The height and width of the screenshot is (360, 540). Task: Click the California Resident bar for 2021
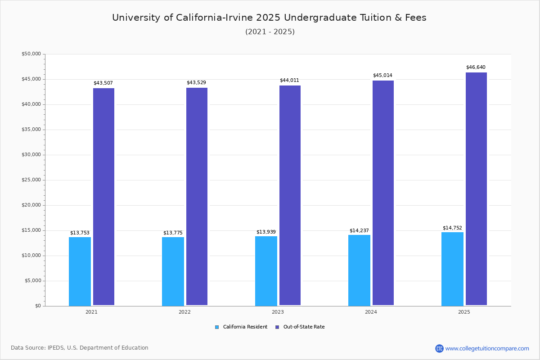[x=80, y=271]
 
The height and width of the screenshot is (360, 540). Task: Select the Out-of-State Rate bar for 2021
[x=103, y=197]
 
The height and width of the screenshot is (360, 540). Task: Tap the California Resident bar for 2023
[x=266, y=271]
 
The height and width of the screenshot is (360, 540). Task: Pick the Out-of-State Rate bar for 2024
[x=383, y=193]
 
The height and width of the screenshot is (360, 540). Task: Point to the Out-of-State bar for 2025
[x=476, y=189]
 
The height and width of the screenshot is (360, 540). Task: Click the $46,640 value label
[x=476, y=67]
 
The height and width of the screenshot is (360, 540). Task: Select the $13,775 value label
[x=173, y=233]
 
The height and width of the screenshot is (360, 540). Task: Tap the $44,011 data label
[x=289, y=81]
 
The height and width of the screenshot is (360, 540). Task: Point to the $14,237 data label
[x=359, y=231]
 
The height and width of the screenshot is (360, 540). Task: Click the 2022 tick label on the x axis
[x=184, y=312]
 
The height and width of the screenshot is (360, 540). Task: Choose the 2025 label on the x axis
[x=464, y=312]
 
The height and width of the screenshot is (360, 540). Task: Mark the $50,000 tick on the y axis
[x=31, y=54]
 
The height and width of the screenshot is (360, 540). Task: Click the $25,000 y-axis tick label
[x=31, y=180]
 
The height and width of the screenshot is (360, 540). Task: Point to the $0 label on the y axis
[x=38, y=306]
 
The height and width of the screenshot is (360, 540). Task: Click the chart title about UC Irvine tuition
[x=269, y=18]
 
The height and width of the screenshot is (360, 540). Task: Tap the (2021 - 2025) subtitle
[x=270, y=32]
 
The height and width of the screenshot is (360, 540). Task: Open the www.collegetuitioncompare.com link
[x=487, y=348]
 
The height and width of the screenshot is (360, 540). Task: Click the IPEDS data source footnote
[x=80, y=348]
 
